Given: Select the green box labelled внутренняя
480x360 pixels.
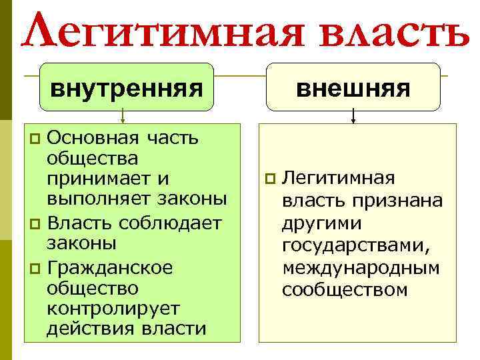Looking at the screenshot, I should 126,87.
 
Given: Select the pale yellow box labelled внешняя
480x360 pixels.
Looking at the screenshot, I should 353,87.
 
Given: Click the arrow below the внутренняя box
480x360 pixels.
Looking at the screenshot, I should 122,117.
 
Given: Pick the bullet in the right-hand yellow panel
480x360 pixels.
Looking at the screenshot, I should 269,178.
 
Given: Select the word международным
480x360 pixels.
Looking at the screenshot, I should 361,269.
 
